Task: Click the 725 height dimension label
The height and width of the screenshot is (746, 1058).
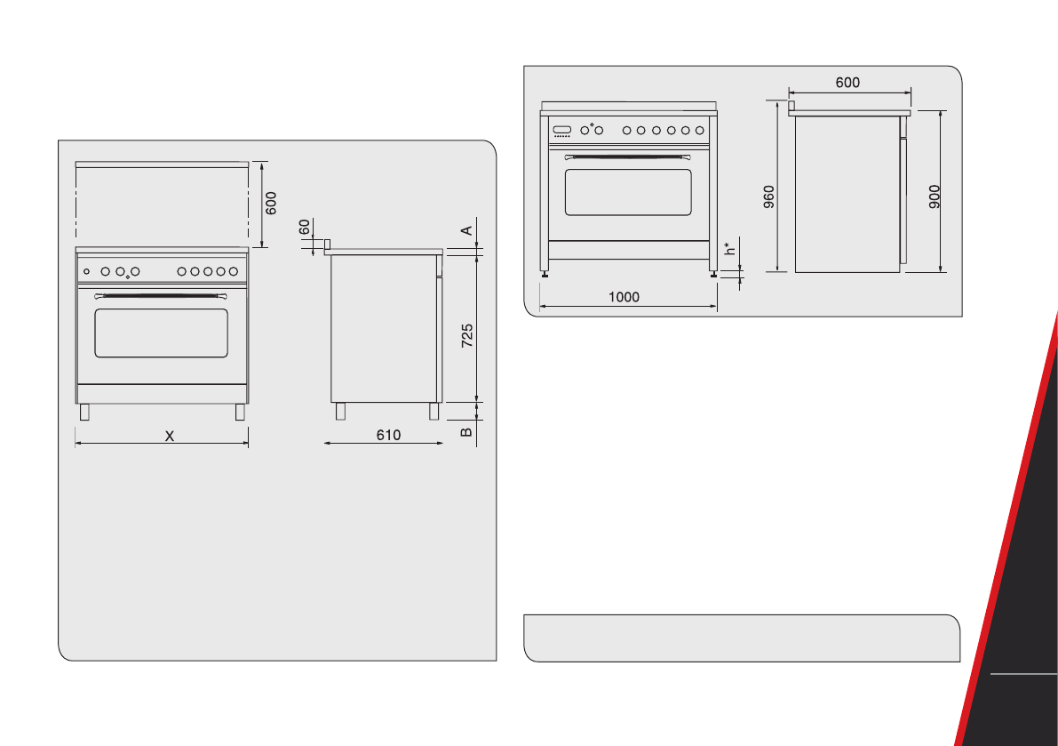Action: [467, 335]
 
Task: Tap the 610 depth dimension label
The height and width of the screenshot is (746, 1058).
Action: [388, 435]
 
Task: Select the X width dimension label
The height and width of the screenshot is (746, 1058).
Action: [170, 436]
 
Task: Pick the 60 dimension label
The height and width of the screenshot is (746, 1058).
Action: [305, 228]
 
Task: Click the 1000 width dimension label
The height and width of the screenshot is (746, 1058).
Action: [624, 298]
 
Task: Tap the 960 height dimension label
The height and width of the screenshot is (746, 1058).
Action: [769, 197]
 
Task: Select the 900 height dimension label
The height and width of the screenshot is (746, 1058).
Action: [935, 197]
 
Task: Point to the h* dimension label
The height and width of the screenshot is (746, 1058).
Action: [730, 249]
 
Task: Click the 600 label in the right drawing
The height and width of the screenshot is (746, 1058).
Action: [847, 83]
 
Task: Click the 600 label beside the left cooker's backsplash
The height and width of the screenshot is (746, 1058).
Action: [272, 203]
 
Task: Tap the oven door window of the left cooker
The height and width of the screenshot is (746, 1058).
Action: [161, 333]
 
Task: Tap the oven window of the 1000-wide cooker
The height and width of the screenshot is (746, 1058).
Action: [628, 191]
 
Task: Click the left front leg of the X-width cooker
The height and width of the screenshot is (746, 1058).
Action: [84, 412]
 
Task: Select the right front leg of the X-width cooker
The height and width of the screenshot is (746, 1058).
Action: [240, 412]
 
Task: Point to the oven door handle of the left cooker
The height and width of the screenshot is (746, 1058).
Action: [161, 295]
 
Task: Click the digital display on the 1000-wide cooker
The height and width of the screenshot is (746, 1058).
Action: [561, 131]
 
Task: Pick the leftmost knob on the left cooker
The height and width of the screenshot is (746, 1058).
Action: [87, 271]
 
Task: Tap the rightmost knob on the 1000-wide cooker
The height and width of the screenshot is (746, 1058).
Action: [699, 131]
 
